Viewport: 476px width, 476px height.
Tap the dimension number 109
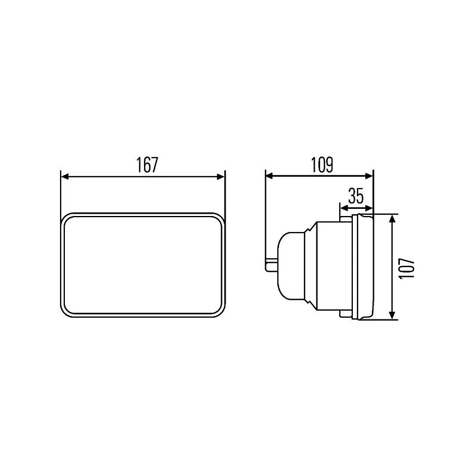(321, 164)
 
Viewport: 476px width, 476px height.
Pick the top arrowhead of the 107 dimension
(392, 219)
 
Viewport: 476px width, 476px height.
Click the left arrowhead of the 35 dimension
(343, 208)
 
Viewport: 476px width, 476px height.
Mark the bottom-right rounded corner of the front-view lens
(220, 310)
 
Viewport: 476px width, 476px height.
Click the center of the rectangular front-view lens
(143, 265)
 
